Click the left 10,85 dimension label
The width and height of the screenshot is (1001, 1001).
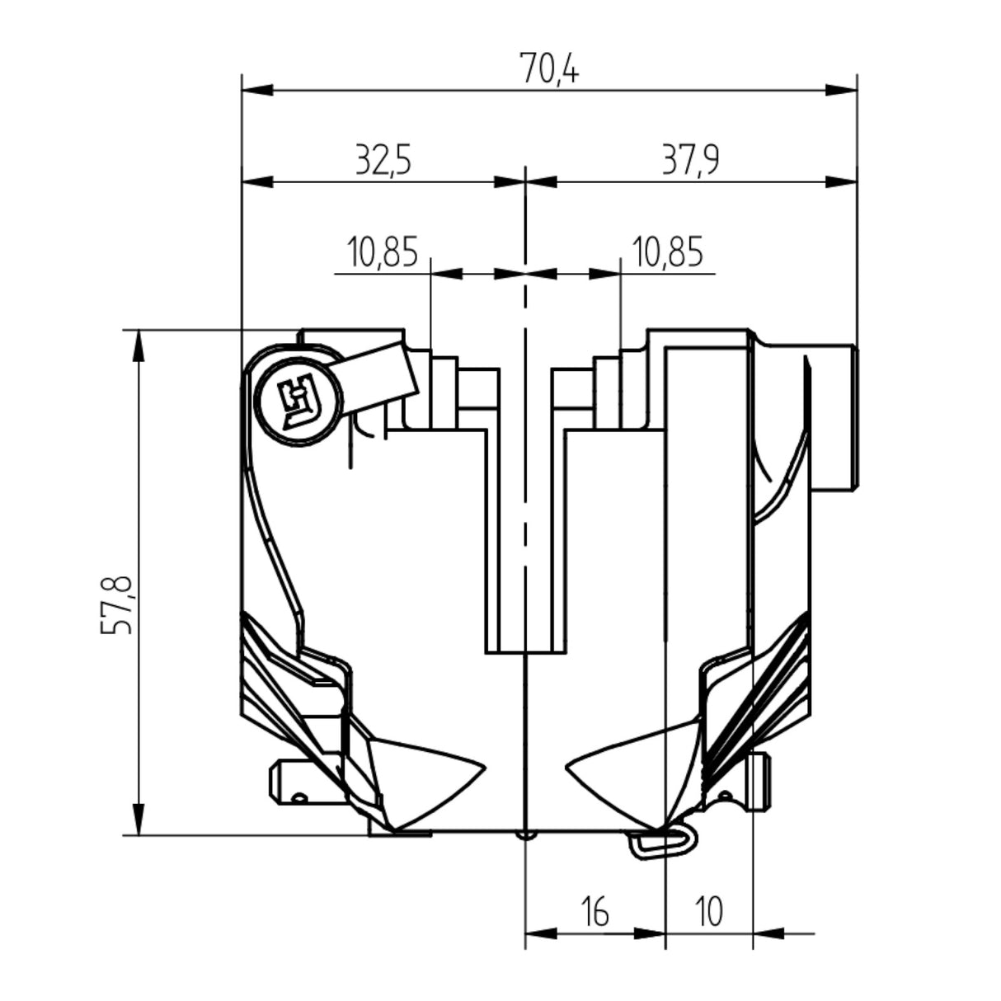[x=383, y=252]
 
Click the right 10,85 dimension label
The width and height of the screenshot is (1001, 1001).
[x=667, y=252]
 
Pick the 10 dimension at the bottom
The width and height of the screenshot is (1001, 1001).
[x=708, y=913]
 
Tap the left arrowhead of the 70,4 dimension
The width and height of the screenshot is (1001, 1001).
[x=256, y=88]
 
